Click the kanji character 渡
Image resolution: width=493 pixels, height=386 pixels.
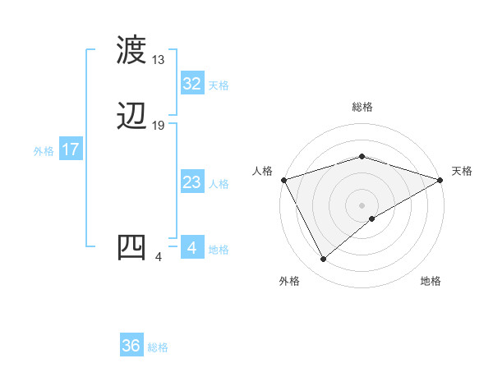[132, 51]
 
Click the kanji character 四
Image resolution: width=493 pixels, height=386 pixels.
[132, 247]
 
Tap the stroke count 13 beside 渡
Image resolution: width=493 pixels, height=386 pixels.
[159, 60]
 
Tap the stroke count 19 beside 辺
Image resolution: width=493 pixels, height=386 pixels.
[159, 126]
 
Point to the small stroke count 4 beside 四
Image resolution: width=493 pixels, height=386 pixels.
[158, 257]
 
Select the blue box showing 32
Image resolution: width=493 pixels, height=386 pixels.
[191, 84]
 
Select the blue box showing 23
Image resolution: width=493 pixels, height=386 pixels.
[191, 183]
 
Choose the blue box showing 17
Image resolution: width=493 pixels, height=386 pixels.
[70, 149]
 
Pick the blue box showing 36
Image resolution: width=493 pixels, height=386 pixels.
[131, 346]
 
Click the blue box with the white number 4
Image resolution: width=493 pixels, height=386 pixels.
[191, 248]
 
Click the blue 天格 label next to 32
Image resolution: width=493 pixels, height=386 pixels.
[219, 85]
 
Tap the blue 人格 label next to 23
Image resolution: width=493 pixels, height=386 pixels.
[219, 184]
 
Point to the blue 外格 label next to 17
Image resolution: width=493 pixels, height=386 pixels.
[44, 151]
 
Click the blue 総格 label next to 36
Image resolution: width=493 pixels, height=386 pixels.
[158, 347]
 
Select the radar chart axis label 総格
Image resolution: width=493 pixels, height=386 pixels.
[362, 107]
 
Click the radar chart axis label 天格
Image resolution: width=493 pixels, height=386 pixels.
[462, 171]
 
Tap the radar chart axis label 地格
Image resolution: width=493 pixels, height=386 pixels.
[431, 281]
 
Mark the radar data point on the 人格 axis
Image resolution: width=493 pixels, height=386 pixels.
[283, 179]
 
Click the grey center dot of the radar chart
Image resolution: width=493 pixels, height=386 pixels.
[362, 204]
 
